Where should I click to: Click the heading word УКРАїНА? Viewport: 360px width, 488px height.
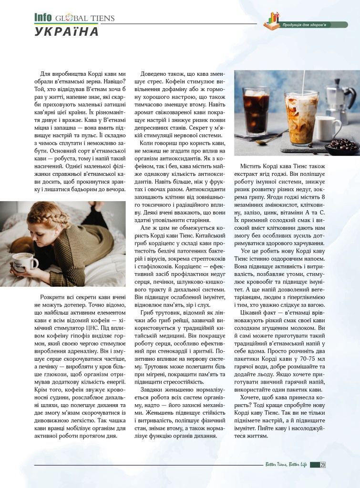(x=66, y=31)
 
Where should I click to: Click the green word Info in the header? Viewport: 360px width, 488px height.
(x=43, y=18)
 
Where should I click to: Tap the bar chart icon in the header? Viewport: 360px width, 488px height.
(x=273, y=20)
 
